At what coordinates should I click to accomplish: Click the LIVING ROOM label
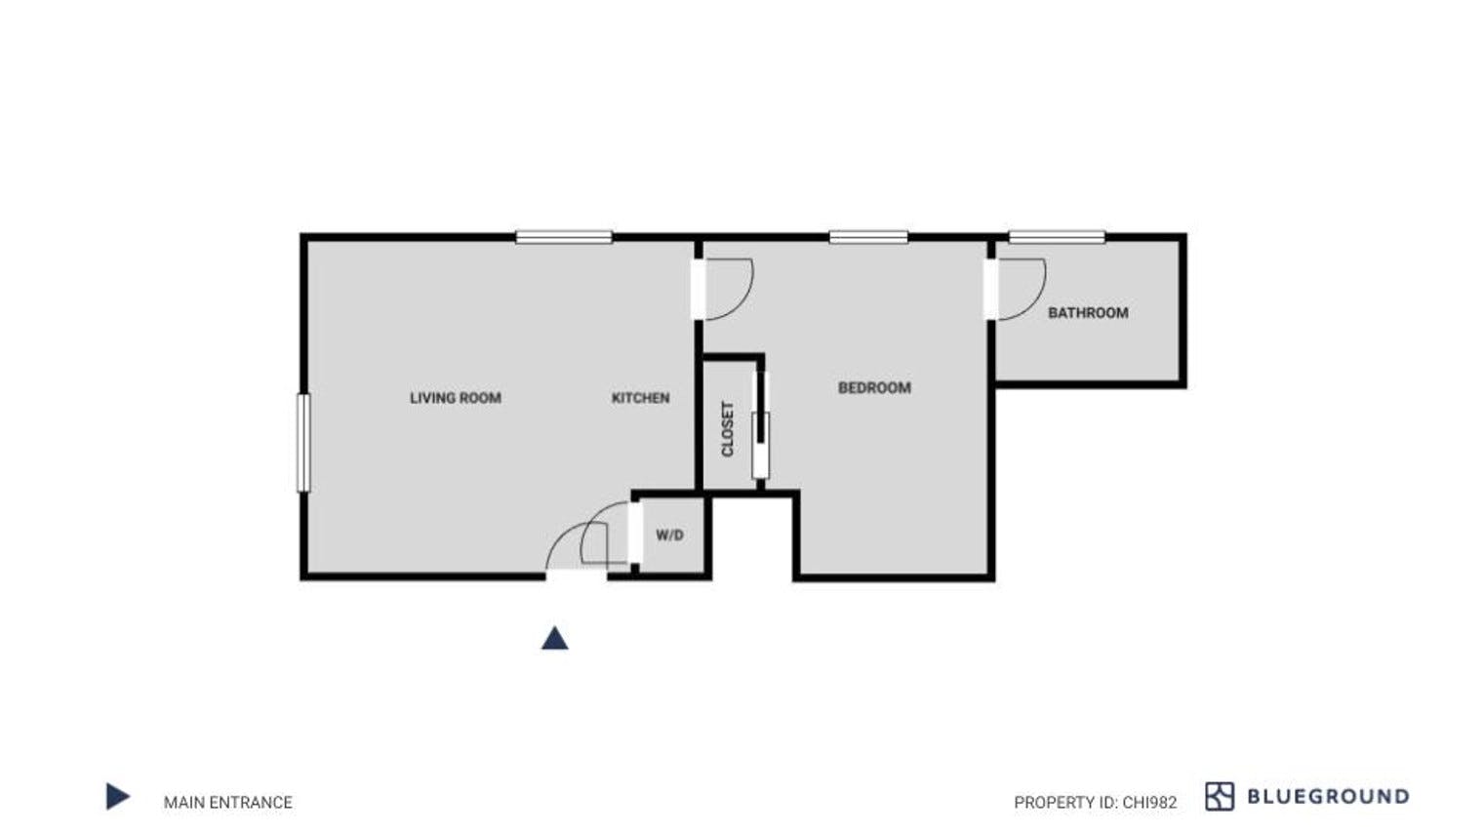(456, 398)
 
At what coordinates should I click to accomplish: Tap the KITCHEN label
(640, 398)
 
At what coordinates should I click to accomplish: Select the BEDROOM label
(874, 388)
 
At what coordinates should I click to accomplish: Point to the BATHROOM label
(1088, 312)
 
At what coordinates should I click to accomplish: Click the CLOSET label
(728, 429)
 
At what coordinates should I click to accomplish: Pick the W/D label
(669, 535)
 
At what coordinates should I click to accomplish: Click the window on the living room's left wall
(303, 443)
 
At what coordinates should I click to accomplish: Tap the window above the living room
(564, 237)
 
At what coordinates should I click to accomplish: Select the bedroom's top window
(868, 237)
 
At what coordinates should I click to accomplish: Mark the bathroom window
(1057, 237)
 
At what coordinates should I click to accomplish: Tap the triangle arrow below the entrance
(555, 639)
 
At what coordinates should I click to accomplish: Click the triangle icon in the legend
(118, 796)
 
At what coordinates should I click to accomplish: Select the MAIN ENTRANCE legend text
(227, 802)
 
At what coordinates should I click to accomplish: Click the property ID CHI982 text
(1096, 803)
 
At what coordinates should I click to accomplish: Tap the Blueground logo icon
(1220, 796)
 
